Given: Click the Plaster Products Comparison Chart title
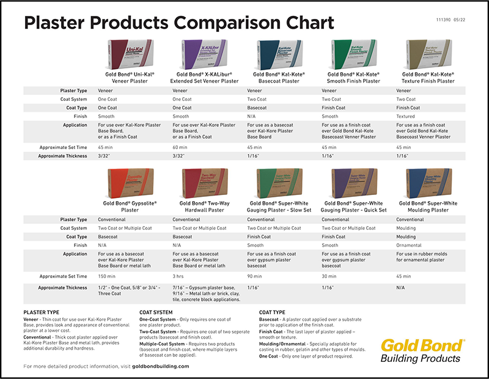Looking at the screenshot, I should (178, 23).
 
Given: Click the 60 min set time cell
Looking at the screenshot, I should (182, 147).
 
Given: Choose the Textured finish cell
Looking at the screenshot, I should (407, 116).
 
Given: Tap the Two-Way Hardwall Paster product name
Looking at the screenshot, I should (206, 206).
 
